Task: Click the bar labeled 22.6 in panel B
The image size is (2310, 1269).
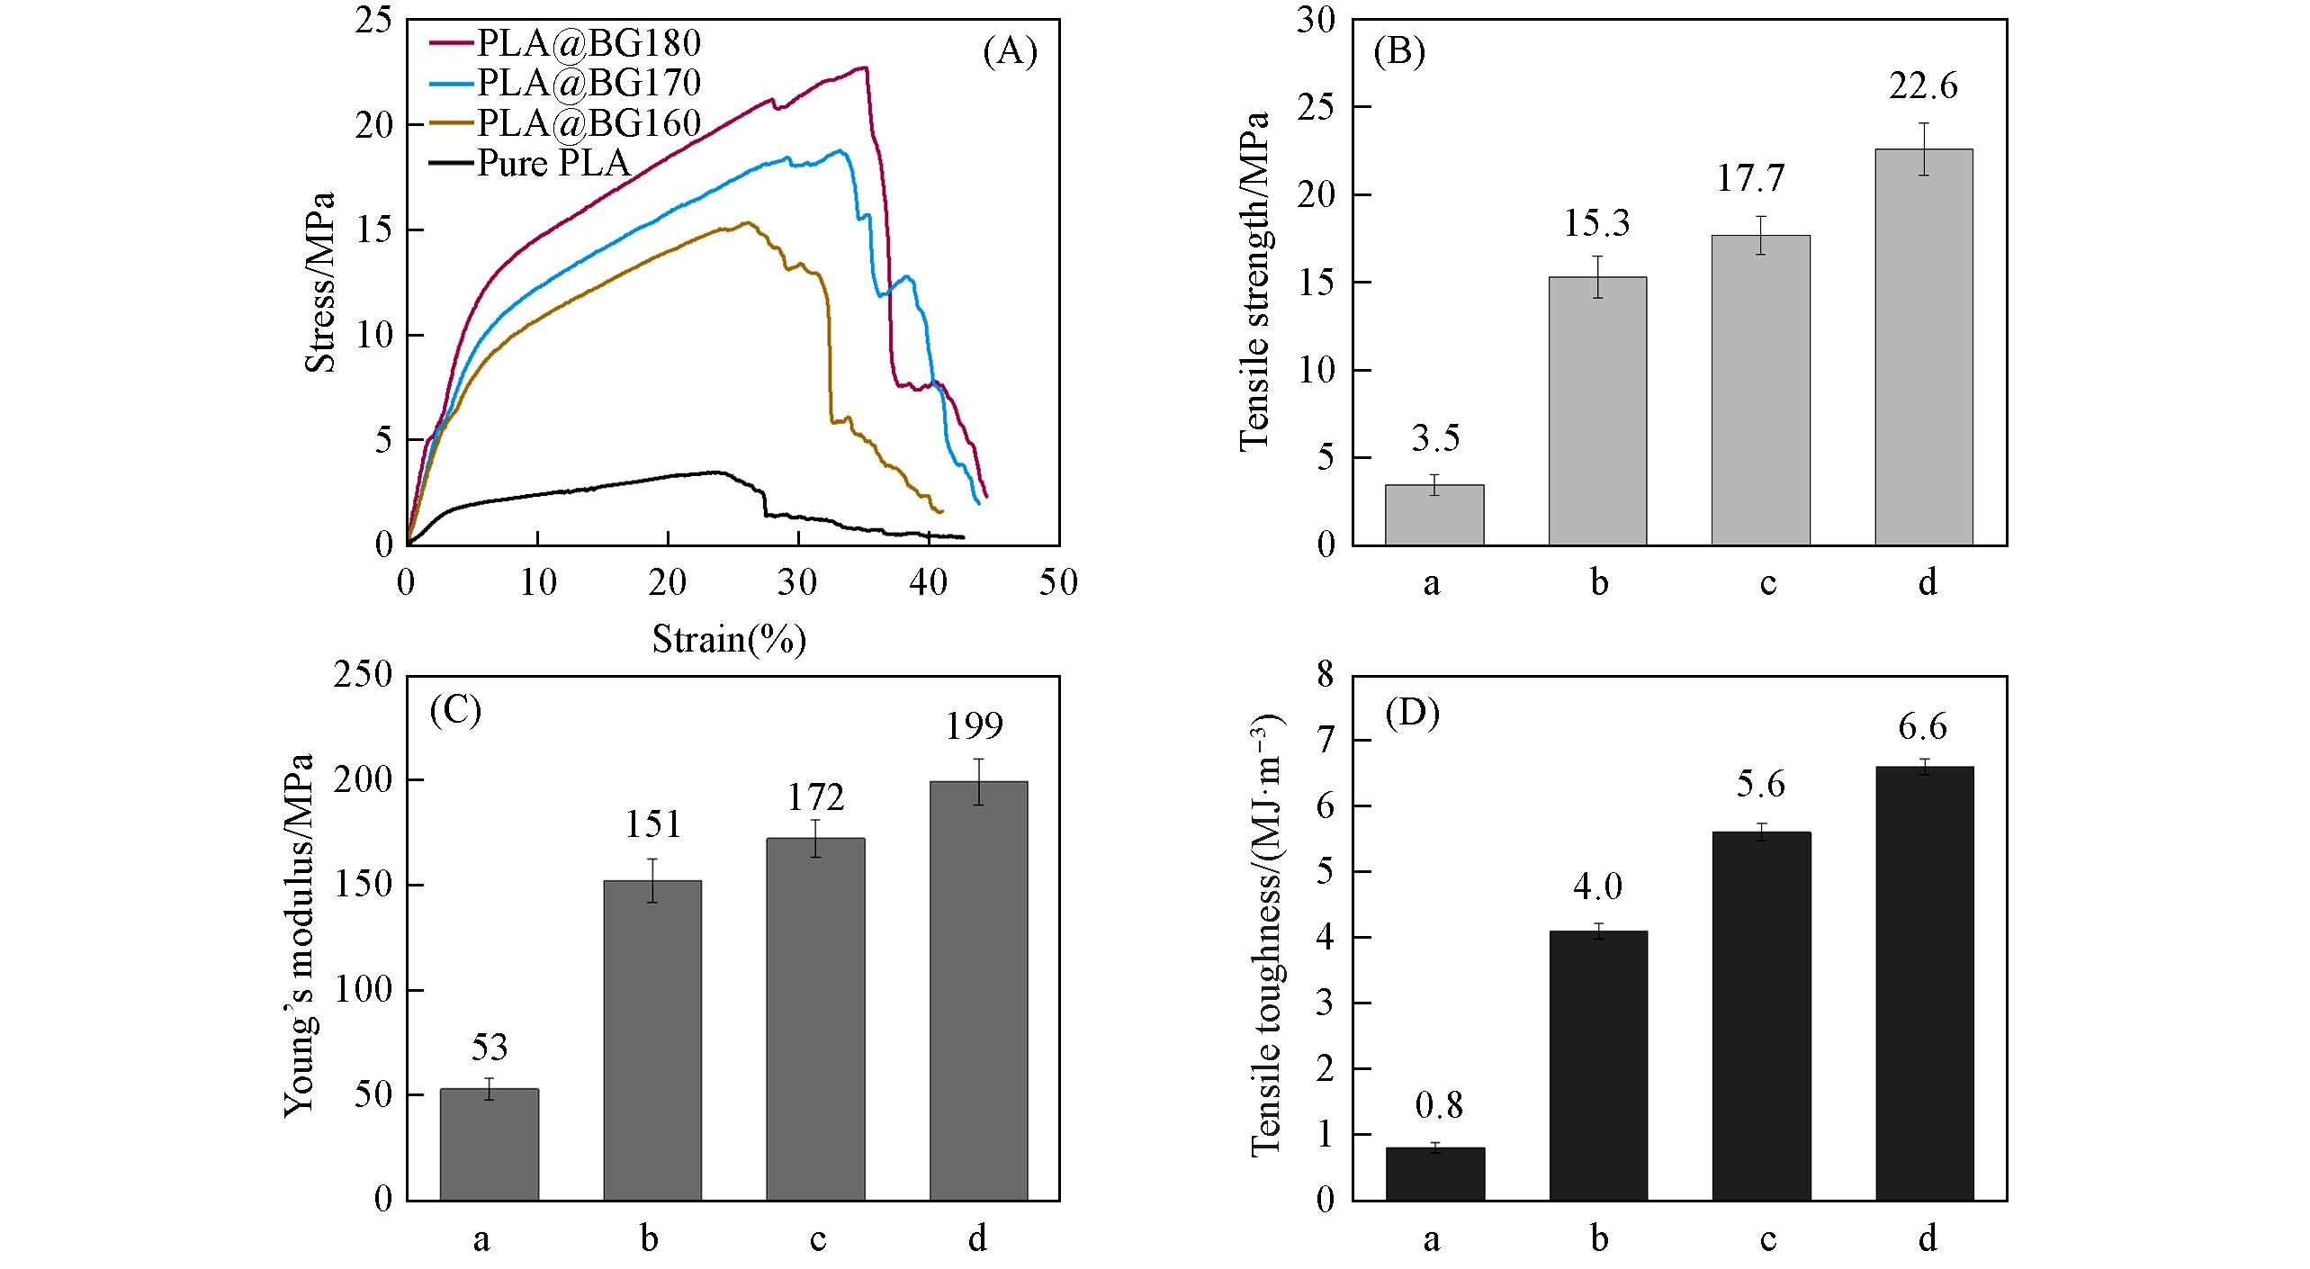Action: click(1923, 346)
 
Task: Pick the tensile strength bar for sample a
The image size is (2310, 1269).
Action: click(1434, 515)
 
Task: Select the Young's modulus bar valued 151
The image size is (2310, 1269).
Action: click(652, 1039)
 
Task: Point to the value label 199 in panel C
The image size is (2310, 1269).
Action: click(974, 725)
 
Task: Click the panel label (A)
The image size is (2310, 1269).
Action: click(1010, 53)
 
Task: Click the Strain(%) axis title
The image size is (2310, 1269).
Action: click(728, 639)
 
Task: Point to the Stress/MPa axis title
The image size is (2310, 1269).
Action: click(320, 282)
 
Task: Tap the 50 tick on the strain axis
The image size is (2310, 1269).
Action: click(1058, 583)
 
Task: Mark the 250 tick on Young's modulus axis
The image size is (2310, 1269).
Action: click(362, 675)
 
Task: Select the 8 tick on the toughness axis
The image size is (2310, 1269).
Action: click(1325, 675)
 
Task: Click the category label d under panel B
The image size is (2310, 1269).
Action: click(1927, 583)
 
